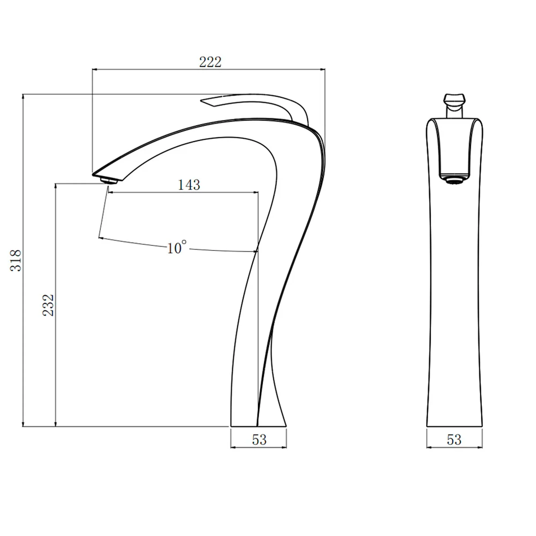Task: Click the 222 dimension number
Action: click(210, 62)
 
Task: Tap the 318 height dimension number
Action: click(16, 260)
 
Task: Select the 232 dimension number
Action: click(48, 305)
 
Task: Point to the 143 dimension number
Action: click(189, 185)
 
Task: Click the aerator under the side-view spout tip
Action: click(109, 181)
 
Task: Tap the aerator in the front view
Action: click(454, 181)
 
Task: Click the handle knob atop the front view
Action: click(454, 100)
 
